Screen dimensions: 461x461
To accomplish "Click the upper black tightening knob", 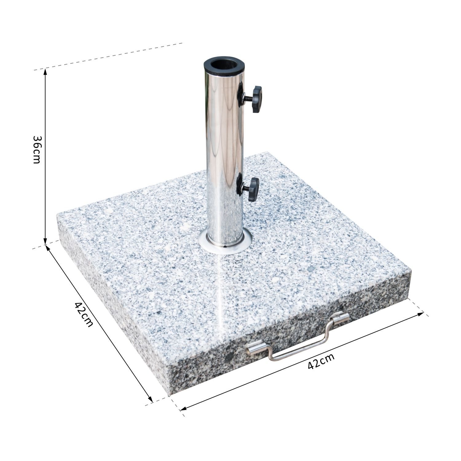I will point(256,99).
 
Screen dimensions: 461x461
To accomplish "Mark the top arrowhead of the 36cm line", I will point(45,71).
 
